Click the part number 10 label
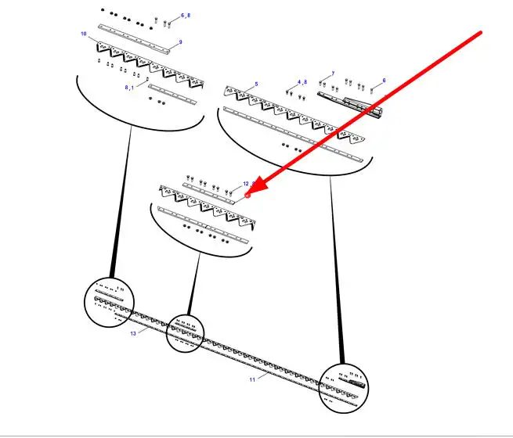coord(84,34)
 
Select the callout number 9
coord(180,42)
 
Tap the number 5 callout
coord(256,84)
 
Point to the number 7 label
coord(333,74)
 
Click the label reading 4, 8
coord(302,82)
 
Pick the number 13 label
coord(133,333)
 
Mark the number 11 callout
coord(252,379)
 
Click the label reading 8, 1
coord(130,88)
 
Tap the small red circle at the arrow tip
coord(247,195)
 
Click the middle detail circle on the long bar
coord(185,333)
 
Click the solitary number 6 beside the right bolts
coord(384,81)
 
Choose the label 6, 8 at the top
coord(185,16)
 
